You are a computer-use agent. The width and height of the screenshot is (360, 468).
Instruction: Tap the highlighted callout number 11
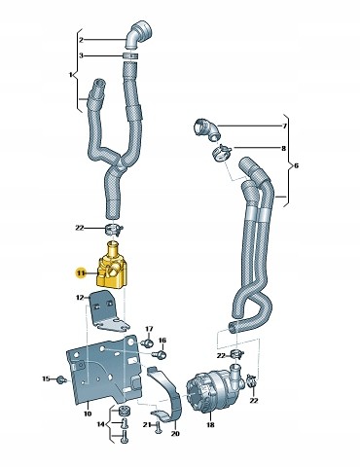click(x=80, y=274)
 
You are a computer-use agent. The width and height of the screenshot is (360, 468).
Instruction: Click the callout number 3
click(x=81, y=55)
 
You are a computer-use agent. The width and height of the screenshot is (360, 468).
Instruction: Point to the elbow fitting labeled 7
click(x=207, y=130)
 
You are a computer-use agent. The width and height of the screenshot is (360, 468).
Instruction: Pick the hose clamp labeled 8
click(x=222, y=152)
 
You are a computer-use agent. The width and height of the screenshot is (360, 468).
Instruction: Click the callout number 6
click(x=296, y=165)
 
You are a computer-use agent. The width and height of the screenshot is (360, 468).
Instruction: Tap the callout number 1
click(x=70, y=75)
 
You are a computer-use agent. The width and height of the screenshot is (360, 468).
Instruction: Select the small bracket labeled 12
click(x=107, y=311)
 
